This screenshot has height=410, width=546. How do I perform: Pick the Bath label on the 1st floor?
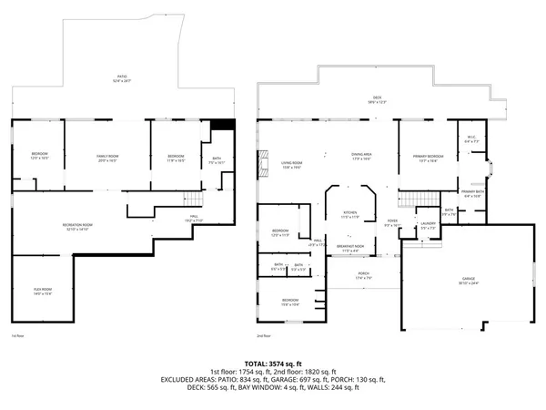click(216, 160)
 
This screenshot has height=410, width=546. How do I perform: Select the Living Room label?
click(291, 165)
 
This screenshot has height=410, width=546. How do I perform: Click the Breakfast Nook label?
click(350, 248)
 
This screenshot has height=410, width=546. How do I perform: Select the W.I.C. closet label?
click(471, 140)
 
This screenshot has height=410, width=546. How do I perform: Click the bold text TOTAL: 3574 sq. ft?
click(273, 364)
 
